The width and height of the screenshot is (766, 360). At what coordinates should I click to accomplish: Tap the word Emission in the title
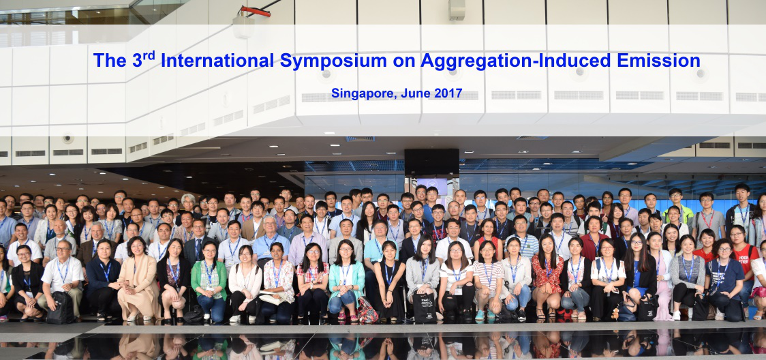pyautogui.click(x=658, y=61)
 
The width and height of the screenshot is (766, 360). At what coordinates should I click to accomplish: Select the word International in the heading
pyautogui.click(x=217, y=61)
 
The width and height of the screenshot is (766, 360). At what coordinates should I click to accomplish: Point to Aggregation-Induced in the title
pyautogui.click(x=515, y=61)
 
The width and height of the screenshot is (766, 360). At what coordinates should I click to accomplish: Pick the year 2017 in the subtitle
pyautogui.click(x=447, y=93)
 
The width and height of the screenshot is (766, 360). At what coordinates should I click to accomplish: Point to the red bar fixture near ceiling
pyautogui.click(x=255, y=11)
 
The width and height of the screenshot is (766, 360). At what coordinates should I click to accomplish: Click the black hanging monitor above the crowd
pyautogui.click(x=431, y=163)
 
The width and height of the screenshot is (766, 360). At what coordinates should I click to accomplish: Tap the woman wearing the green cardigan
pyautogui.click(x=209, y=282)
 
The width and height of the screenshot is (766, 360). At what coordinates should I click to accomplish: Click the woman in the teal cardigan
pyautogui.click(x=346, y=282)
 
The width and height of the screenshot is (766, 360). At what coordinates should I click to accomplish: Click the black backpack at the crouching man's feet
pyautogui.click(x=61, y=307)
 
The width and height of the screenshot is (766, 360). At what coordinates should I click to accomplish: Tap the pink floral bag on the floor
pyautogui.click(x=367, y=310)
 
